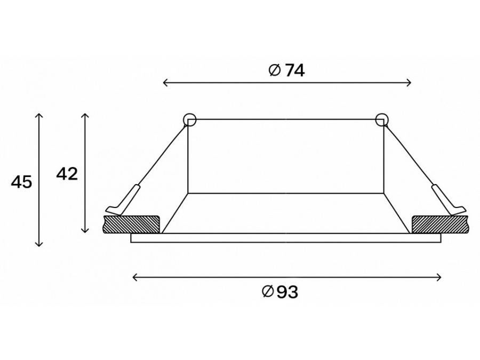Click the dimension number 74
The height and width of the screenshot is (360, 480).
(x=295, y=71)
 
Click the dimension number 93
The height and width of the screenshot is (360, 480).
(x=287, y=292)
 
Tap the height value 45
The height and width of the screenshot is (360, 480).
(x=21, y=182)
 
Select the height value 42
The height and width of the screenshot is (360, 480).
(x=67, y=174)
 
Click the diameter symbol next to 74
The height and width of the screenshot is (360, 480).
(x=275, y=71)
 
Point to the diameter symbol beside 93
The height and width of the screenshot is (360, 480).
(x=268, y=291)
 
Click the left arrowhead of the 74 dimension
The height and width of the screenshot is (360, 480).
(x=166, y=82)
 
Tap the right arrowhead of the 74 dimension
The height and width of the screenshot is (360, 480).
(x=409, y=82)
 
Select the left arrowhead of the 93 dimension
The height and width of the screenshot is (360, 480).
(x=135, y=278)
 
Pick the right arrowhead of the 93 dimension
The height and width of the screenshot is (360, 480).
(x=438, y=278)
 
